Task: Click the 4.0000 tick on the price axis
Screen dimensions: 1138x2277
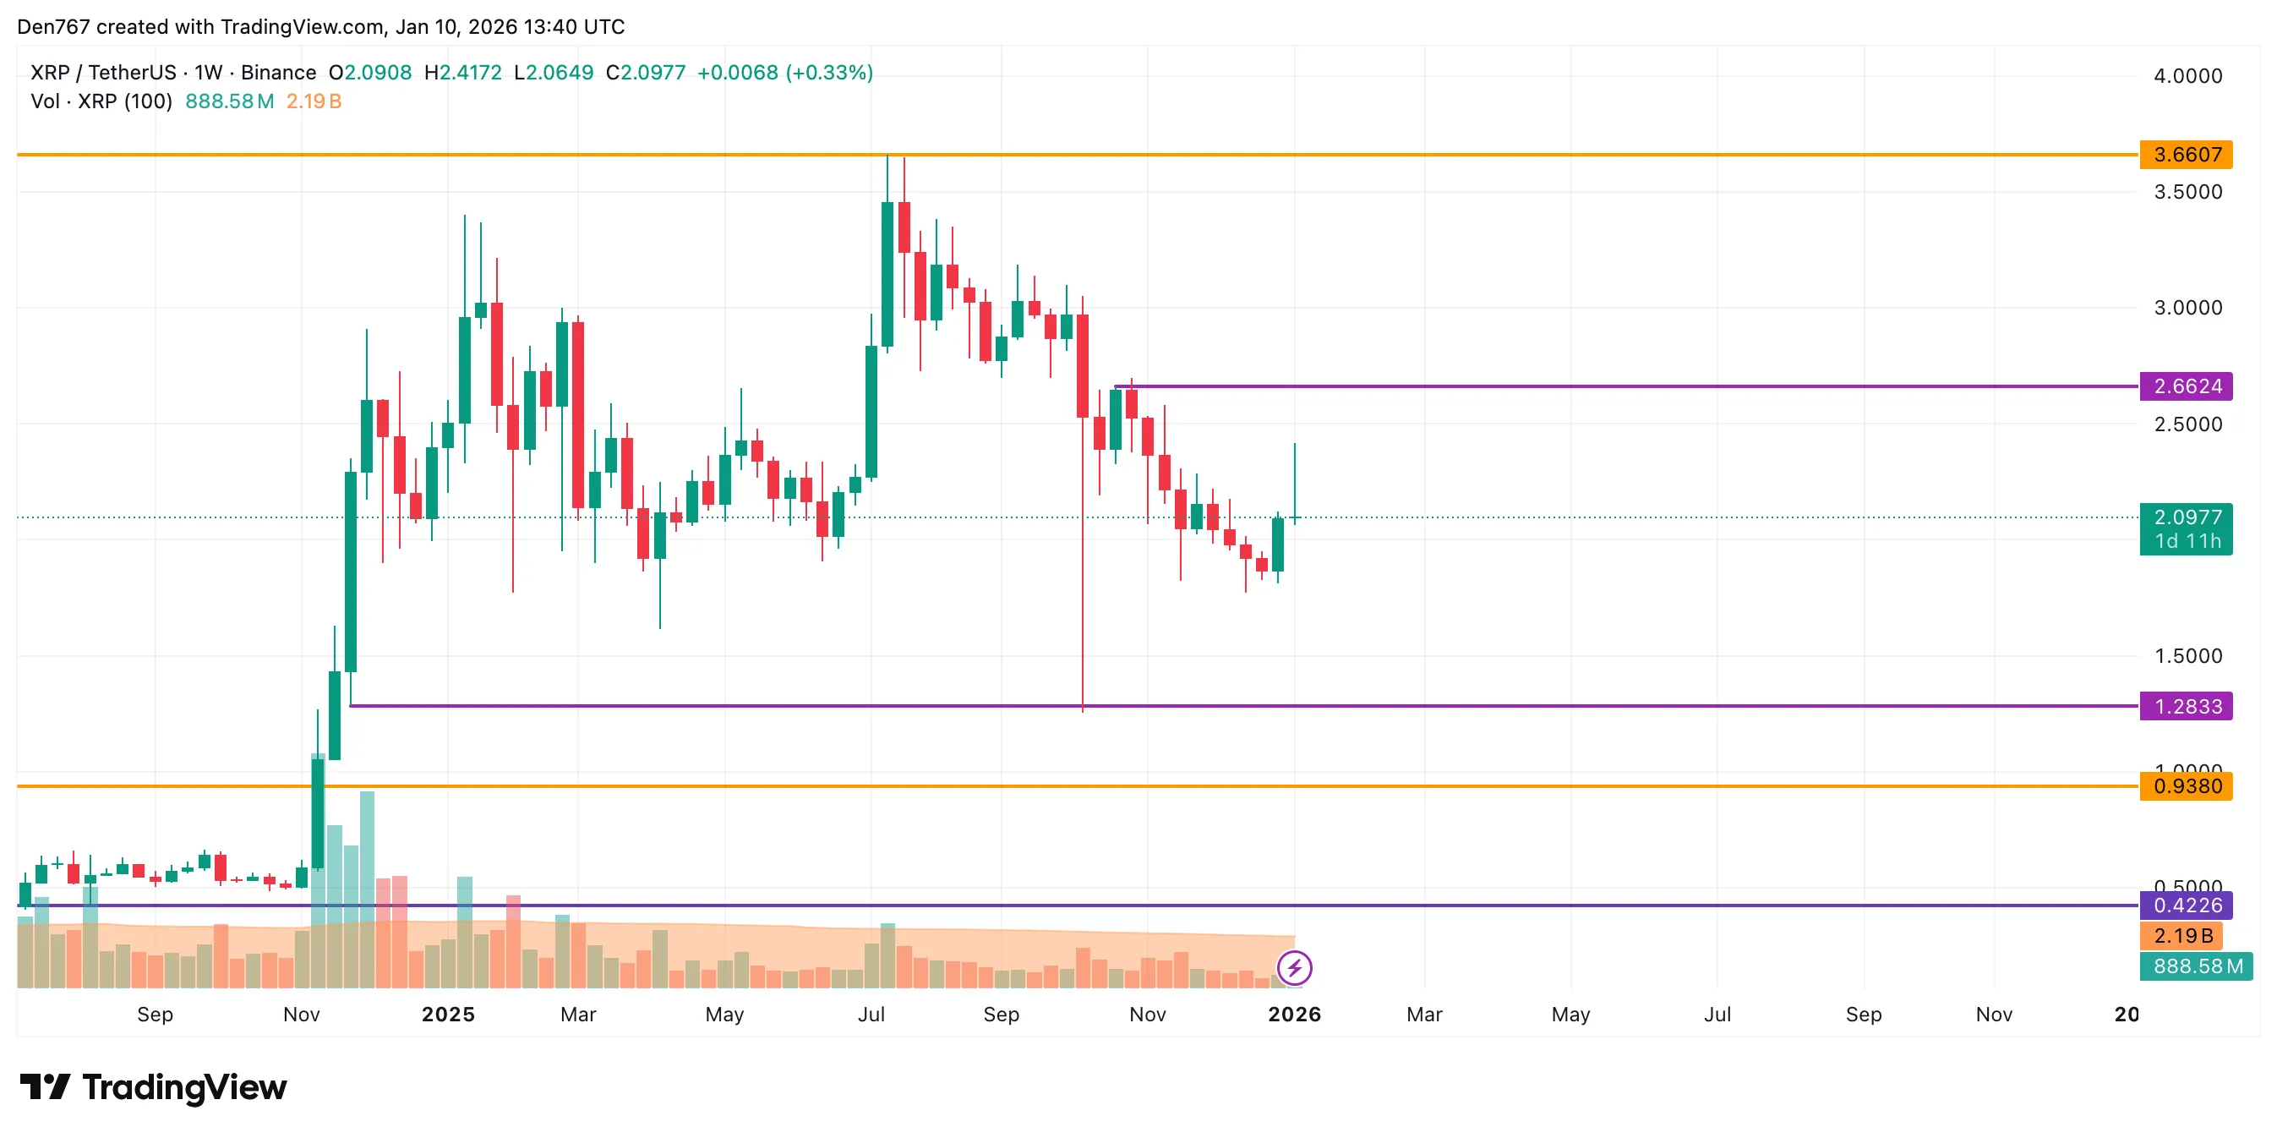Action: tap(2187, 76)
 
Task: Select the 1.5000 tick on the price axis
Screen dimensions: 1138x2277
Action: tap(2187, 656)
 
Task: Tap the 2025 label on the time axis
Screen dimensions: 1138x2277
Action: tap(448, 1015)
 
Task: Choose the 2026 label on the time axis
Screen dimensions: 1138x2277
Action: tap(1294, 1015)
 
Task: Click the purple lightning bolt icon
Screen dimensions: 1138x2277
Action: tap(1294, 967)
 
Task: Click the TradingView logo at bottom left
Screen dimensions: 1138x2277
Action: tap(154, 1086)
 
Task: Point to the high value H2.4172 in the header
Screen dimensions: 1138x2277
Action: tap(462, 73)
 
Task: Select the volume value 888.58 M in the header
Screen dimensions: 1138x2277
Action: tap(229, 101)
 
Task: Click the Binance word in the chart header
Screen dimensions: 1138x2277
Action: tap(278, 73)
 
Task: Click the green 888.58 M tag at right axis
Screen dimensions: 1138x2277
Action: tap(2197, 966)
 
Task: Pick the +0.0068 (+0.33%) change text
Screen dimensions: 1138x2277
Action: tap(784, 73)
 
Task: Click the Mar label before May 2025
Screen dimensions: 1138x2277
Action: tap(578, 1015)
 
